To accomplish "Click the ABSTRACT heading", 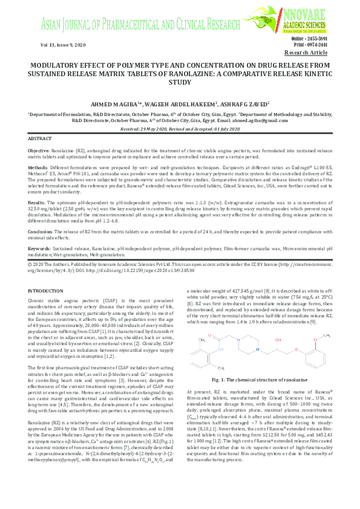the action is [40, 138].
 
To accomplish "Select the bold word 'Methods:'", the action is [38, 166].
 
